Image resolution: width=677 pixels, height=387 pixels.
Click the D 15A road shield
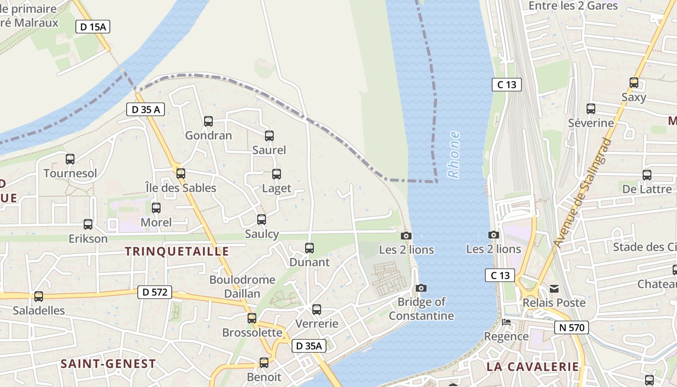[93, 27]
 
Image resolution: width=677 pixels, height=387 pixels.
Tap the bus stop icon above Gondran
[208, 121]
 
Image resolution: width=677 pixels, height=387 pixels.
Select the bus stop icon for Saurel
[269, 136]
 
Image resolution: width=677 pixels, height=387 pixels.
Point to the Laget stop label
[277, 188]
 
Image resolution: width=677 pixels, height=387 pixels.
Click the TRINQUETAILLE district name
[177, 251]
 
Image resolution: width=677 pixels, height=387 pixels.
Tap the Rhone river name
[454, 155]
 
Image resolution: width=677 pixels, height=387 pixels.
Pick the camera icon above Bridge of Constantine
[421, 288]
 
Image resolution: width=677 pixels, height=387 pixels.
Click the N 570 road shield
[571, 327]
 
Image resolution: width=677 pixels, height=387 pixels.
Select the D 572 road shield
[155, 292]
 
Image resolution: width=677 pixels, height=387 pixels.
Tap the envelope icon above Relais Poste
[554, 289]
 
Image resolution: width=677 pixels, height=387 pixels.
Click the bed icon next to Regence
[506, 322]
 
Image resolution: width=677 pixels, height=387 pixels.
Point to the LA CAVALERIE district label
[532, 367]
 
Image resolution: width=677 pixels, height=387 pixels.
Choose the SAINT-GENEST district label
[108, 364]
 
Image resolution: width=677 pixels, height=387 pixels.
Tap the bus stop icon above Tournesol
[70, 159]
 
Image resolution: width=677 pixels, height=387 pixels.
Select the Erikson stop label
[88, 238]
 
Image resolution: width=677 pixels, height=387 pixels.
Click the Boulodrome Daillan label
[242, 286]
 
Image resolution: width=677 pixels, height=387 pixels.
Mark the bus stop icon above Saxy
[634, 83]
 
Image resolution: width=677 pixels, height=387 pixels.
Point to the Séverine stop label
[591, 123]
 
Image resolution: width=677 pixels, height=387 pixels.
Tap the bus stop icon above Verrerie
[317, 309]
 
